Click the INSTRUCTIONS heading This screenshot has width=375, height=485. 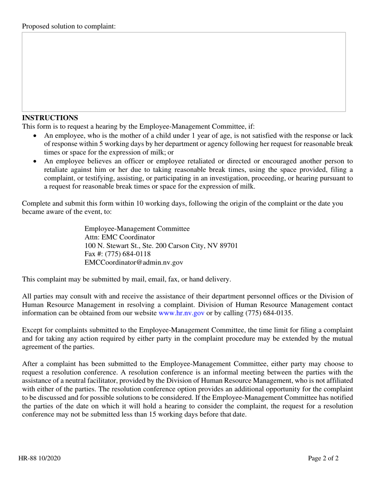(x=50, y=118)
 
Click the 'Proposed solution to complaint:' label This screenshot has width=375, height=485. (x=69, y=26)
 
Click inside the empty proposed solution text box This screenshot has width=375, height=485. (x=184, y=72)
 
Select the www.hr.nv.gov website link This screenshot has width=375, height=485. (x=181, y=313)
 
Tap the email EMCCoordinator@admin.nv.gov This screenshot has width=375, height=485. (x=134, y=262)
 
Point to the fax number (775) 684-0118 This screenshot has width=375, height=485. (x=128, y=254)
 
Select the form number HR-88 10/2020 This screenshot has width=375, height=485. (x=39, y=458)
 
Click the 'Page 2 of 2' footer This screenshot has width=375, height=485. (x=323, y=458)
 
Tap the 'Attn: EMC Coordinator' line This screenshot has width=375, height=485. (x=120, y=237)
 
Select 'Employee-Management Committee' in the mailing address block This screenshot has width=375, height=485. (x=137, y=229)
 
